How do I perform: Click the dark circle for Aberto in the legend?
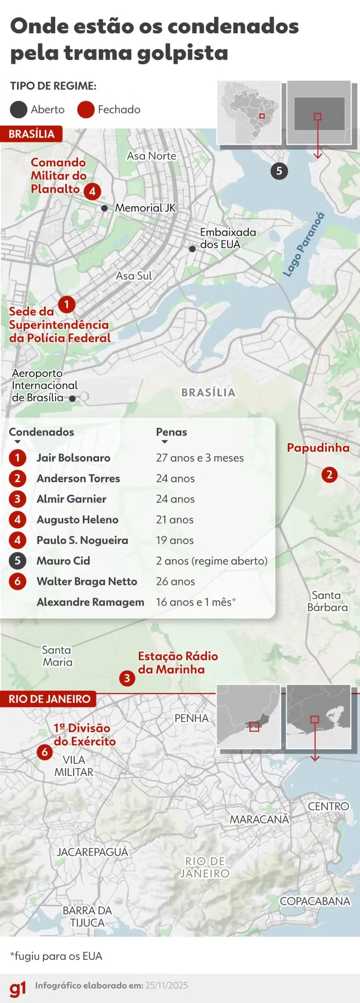(18, 110)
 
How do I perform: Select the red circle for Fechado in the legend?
(86, 110)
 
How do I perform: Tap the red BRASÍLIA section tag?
(31, 134)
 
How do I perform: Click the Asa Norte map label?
(151, 156)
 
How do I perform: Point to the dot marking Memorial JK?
(105, 208)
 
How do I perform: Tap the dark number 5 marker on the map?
(279, 171)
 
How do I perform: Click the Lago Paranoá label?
(304, 244)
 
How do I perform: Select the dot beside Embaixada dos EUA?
(192, 249)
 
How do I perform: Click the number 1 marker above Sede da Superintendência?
(67, 304)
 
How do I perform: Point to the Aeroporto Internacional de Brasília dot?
(72, 398)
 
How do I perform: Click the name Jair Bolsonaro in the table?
(73, 458)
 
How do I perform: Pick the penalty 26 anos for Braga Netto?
(175, 581)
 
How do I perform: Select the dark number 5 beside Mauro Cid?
(18, 561)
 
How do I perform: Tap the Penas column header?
(171, 432)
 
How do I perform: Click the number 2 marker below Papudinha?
(329, 475)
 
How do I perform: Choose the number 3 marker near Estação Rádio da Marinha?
(127, 678)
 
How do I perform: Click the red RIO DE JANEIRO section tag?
(49, 699)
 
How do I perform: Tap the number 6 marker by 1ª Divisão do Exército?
(45, 752)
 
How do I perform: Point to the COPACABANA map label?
(315, 901)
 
